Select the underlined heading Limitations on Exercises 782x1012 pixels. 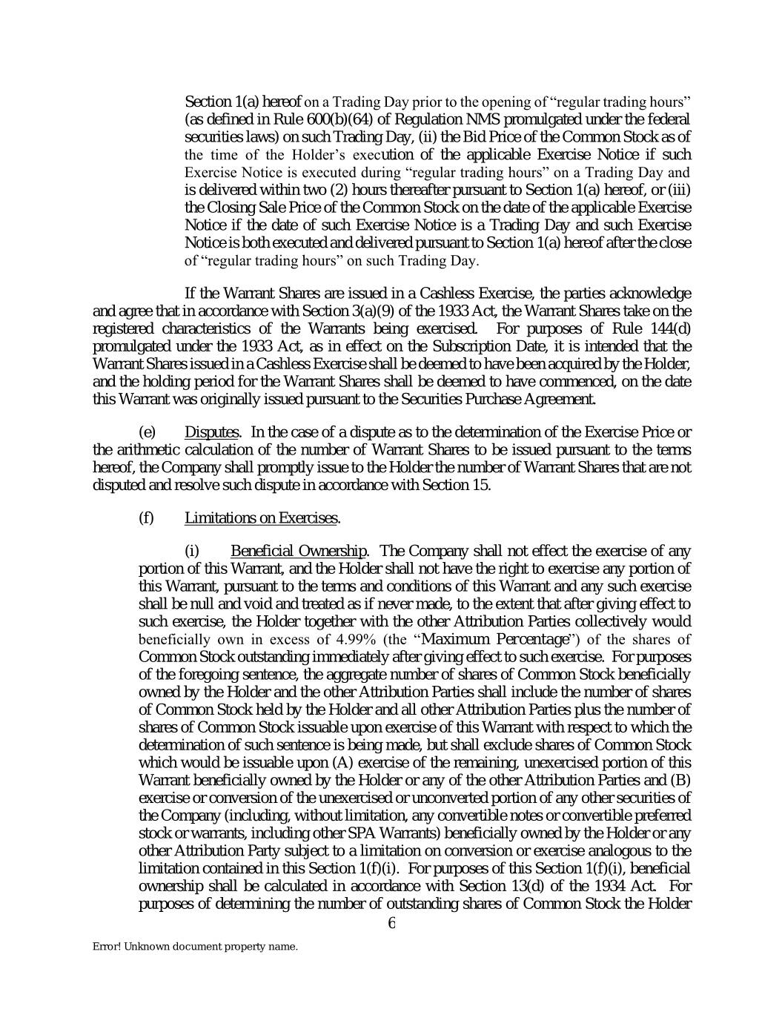261,517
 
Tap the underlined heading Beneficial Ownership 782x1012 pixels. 299,551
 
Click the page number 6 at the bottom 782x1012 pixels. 391,923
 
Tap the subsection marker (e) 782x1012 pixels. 147,432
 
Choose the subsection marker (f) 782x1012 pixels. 146,517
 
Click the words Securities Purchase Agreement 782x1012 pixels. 508,400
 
